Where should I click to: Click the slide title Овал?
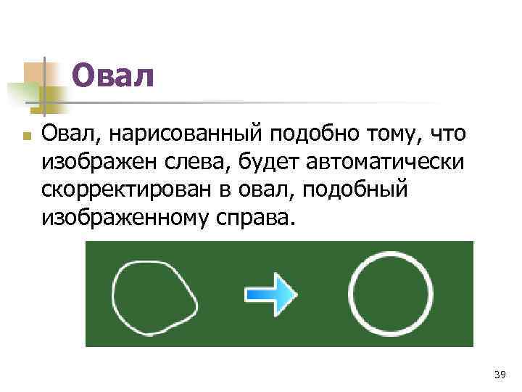pyautogui.click(x=114, y=75)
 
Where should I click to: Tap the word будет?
pyautogui.click(x=270, y=162)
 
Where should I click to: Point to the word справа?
pyautogui.click(x=257, y=216)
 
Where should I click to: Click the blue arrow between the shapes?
pyautogui.click(x=271, y=293)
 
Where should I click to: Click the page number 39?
pyautogui.click(x=499, y=375)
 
